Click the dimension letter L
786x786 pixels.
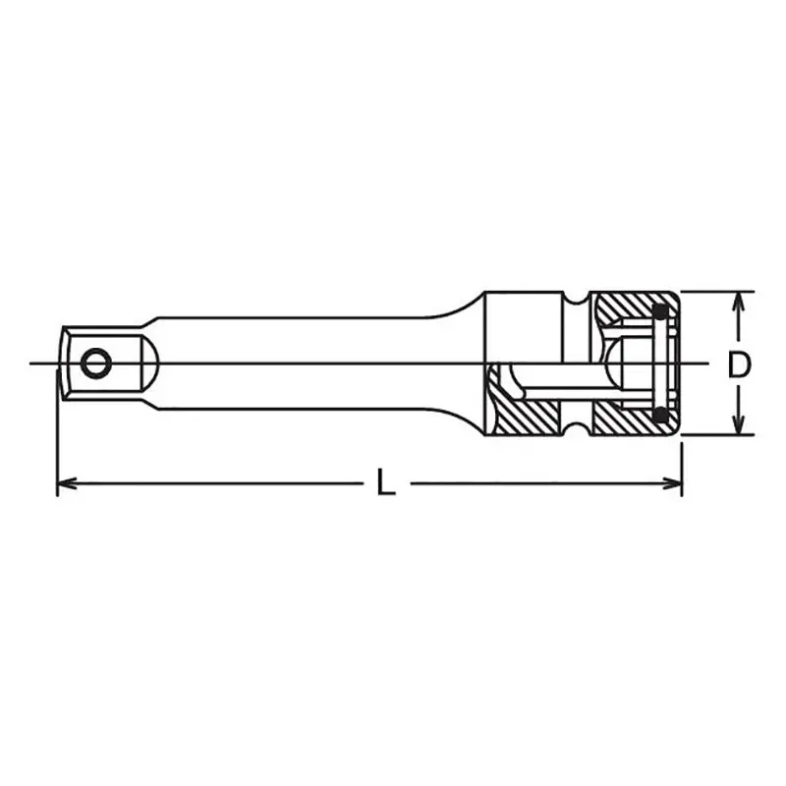(386, 482)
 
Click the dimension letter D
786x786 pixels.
(739, 365)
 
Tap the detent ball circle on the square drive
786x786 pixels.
(95, 364)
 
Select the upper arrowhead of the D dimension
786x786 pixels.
(735, 301)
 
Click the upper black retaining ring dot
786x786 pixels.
(661, 313)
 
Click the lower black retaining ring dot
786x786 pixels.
(661, 417)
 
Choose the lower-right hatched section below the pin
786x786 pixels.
(624, 421)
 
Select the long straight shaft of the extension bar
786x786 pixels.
(295, 364)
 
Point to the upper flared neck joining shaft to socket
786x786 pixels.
(462, 307)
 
